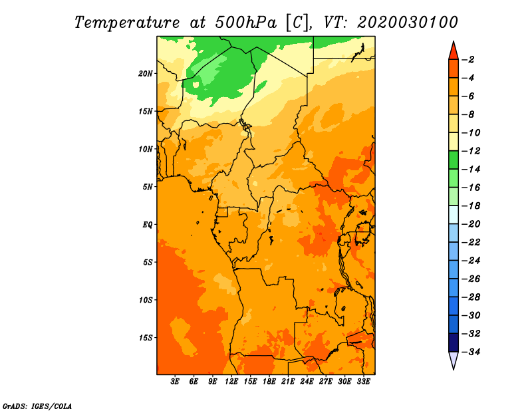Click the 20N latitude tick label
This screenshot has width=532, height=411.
coord(146,74)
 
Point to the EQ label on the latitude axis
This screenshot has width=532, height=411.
coord(147,225)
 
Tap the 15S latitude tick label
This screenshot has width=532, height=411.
coord(146,338)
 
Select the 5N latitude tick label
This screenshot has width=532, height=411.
coord(148,187)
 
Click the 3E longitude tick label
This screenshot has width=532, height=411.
coord(175,382)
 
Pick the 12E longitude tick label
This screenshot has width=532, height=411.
coord(231,382)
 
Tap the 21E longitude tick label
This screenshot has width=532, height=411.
coord(288,382)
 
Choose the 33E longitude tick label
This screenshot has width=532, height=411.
coord(363,382)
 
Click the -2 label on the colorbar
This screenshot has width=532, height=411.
coord(468,60)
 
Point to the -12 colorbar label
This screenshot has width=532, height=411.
coord(471,151)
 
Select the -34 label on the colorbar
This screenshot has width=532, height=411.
coord(471,352)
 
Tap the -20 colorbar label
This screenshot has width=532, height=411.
coord(471,224)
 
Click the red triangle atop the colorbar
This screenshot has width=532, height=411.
coord(454,52)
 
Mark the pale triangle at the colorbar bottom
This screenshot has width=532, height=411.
coord(454,360)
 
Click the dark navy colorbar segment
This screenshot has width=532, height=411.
coord(454,342)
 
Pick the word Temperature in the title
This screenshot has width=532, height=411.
coord(127,23)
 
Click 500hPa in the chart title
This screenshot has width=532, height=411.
coord(245,23)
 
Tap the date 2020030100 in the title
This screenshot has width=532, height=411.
coord(408,23)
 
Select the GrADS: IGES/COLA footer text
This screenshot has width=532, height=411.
coord(37,406)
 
